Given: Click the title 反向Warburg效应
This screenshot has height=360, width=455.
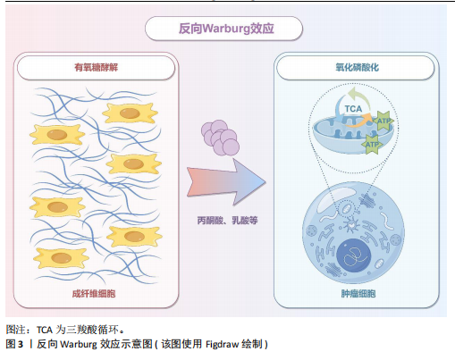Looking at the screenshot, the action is [226, 29].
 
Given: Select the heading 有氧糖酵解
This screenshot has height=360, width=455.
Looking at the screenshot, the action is [96, 67].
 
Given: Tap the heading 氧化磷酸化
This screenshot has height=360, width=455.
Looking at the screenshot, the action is [357, 67].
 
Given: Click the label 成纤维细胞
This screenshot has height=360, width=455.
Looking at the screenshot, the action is [94, 294].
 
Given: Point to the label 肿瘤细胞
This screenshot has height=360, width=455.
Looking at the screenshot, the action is [358, 294].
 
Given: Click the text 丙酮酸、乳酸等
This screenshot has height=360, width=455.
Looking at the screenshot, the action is [227, 221].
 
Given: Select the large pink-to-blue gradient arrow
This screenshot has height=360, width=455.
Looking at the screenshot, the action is [226, 181].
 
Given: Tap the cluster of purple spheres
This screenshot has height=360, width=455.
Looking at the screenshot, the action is [220, 138].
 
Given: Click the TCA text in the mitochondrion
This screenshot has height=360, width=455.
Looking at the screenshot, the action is [353, 109].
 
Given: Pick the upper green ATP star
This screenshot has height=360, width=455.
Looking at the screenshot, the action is [383, 121].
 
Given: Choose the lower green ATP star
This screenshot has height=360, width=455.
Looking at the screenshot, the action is [372, 145].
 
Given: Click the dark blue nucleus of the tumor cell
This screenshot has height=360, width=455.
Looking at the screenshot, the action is [354, 255].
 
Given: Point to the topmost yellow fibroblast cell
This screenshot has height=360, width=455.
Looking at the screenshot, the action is [130, 113].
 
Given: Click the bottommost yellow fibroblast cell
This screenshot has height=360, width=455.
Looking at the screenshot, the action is [61, 257].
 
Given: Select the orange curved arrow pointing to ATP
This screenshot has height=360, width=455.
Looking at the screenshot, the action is [359, 121].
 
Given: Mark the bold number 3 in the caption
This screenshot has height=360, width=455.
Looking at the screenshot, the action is [21, 344].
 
